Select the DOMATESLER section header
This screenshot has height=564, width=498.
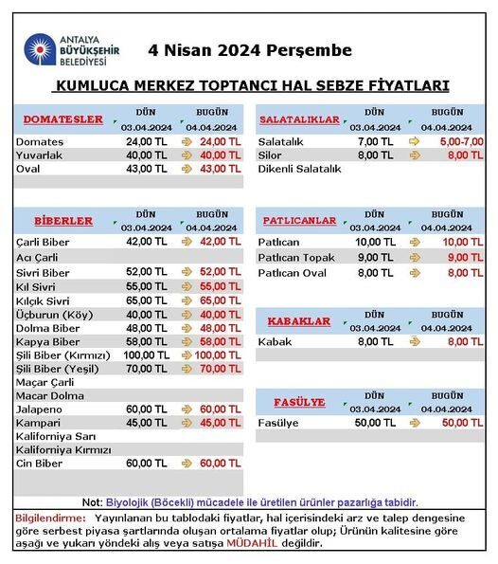click(x=62, y=119)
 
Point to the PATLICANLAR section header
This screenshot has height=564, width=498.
click(x=299, y=221)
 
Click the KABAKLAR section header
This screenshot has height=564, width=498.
click(x=299, y=321)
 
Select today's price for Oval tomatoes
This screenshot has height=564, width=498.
click(x=220, y=169)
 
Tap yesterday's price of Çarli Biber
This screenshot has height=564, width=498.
click(x=146, y=242)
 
